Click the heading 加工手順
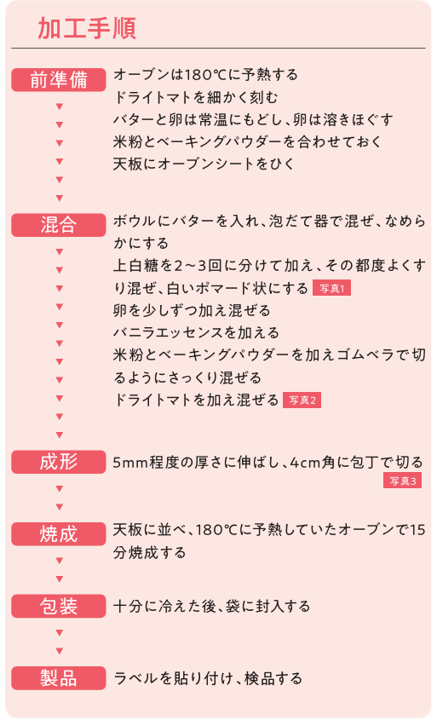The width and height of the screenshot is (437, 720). click(x=87, y=28)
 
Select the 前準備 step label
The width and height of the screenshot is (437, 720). click(x=59, y=80)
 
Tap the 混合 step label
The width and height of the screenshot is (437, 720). click(x=59, y=226)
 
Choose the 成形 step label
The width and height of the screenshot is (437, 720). click(x=59, y=462)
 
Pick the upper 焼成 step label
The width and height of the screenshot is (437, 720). click(x=59, y=534)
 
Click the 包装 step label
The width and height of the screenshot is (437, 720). click(x=59, y=606)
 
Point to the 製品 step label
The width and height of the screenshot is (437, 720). click(x=59, y=678)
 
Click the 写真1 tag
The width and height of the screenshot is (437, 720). click(x=331, y=288)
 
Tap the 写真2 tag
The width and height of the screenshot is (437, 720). click(x=302, y=400)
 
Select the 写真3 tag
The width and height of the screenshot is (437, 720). click(x=402, y=481)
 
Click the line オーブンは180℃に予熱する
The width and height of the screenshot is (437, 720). click(x=205, y=74)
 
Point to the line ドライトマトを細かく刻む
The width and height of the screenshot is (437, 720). click(x=196, y=97)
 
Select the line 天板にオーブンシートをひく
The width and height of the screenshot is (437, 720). click(x=204, y=164)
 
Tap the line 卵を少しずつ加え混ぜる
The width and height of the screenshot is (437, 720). click(x=192, y=310)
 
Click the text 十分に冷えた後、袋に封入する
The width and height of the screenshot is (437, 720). click(x=211, y=606)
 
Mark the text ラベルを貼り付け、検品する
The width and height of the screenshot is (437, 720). click(x=208, y=678)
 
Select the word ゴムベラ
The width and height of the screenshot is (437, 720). click(x=350, y=355)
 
